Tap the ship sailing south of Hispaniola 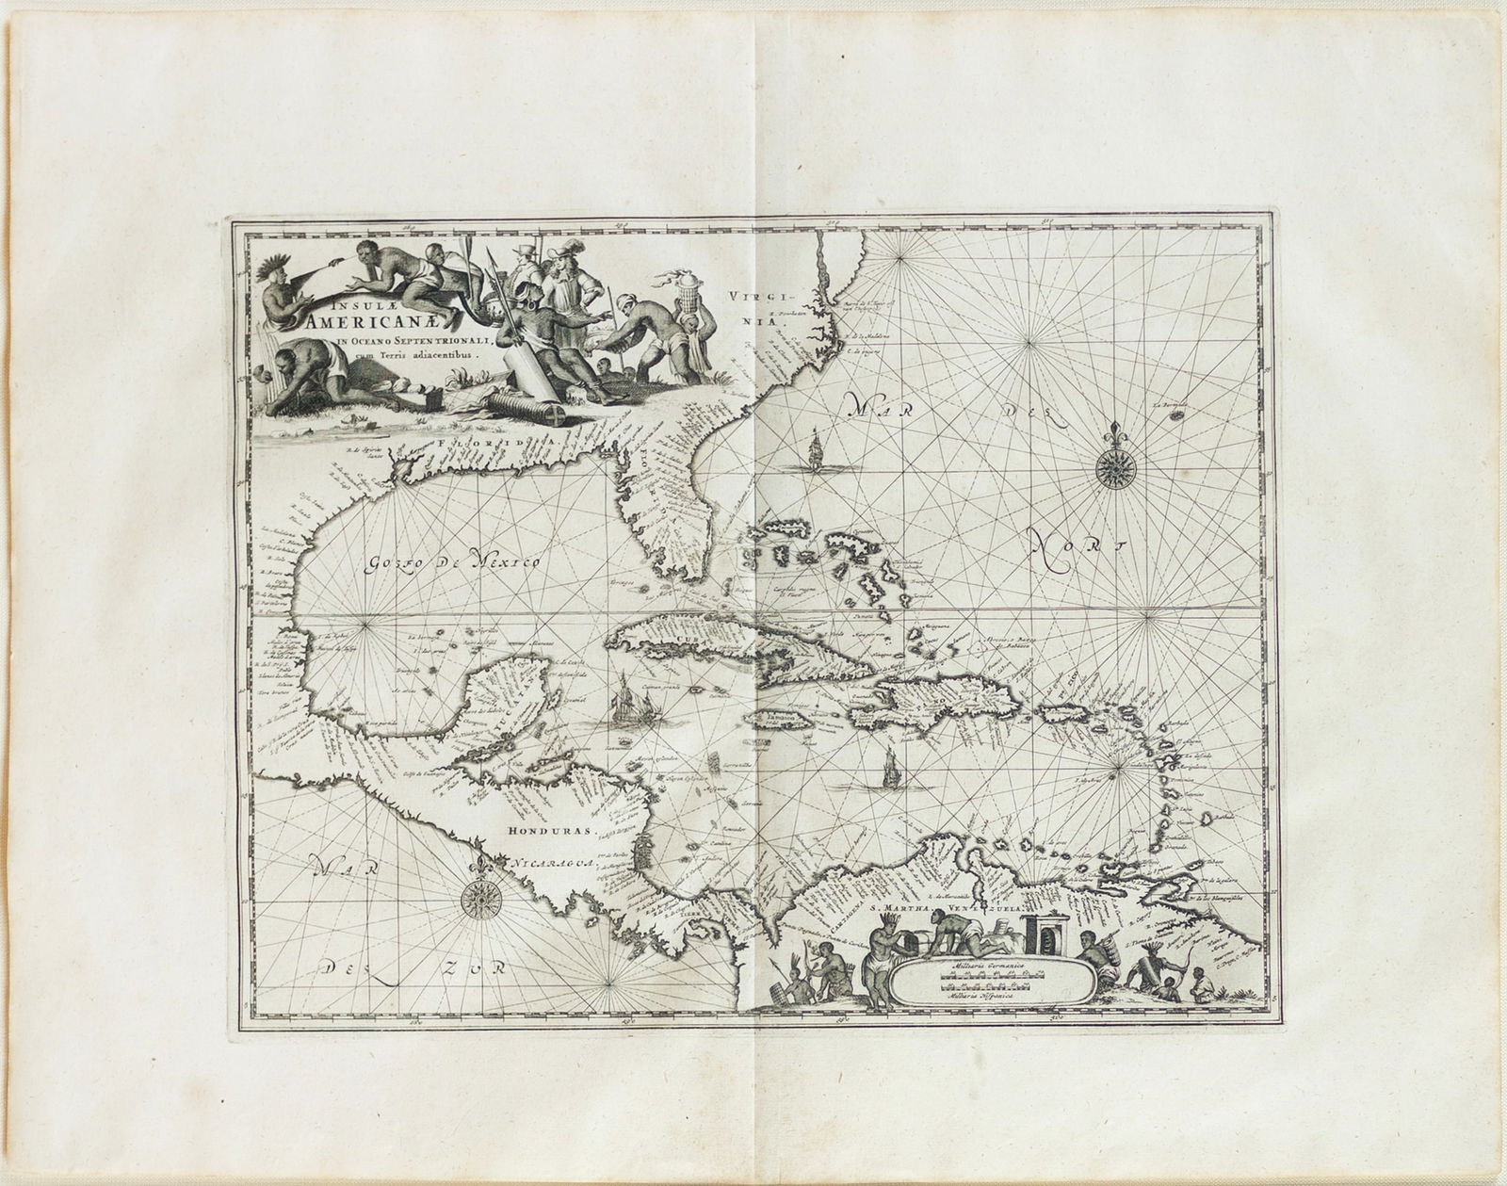point(888,771)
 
